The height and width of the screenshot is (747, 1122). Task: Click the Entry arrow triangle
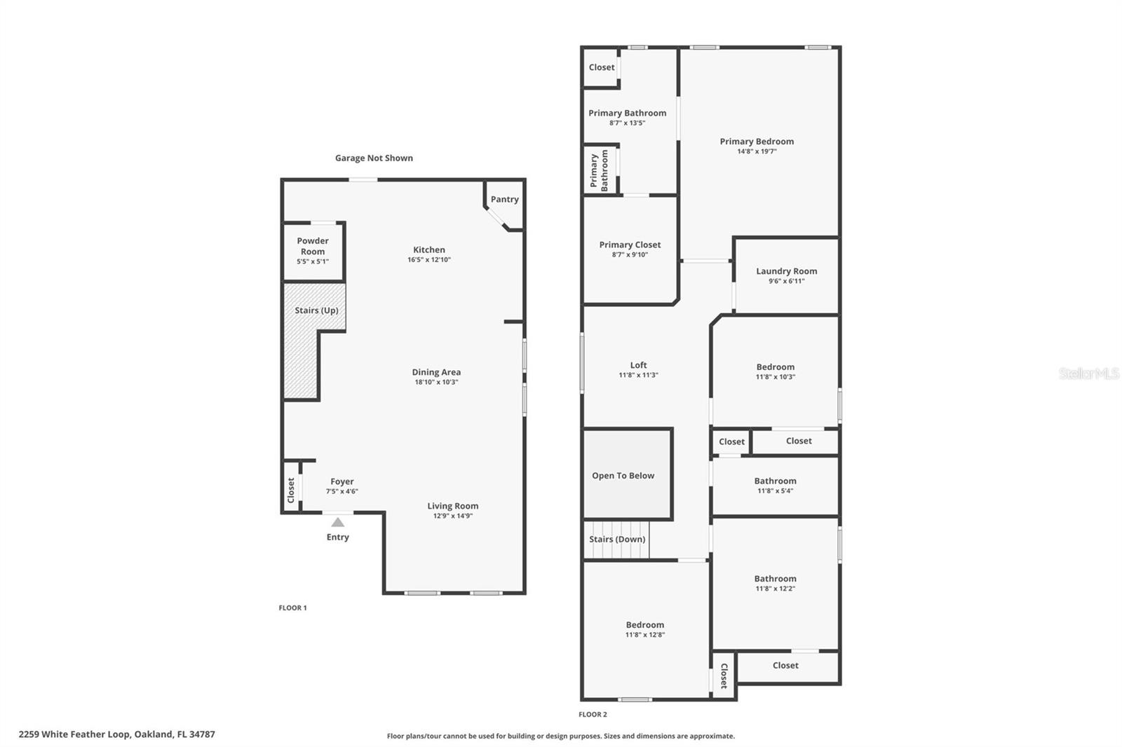tap(338, 522)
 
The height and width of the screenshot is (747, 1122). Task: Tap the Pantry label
tap(504, 199)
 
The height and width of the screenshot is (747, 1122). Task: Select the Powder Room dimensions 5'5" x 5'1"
tap(312, 261)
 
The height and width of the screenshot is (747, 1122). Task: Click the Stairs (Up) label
tap(316, 310)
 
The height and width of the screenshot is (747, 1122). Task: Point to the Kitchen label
tap(428, 249)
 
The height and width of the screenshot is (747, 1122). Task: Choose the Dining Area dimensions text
tap(435, 382)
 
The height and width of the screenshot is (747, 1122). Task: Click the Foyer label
tap(342, 481)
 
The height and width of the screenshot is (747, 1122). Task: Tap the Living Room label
tap(452, 506)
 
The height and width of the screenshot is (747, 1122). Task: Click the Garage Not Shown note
tap(374, 158)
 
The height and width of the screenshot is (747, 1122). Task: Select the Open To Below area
tap(623, 475)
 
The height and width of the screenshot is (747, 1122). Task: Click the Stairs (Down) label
tap(616, 539)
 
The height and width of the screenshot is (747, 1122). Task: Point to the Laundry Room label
tap(786, 271)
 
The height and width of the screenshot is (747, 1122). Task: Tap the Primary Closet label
tap(630, 245)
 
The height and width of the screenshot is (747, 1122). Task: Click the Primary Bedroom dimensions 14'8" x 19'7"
tap(757, 151)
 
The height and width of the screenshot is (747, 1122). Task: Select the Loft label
tap(638, 365)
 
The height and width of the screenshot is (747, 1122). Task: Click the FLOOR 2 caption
tap(593, 714)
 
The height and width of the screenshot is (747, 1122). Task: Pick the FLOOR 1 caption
tap(292, 608)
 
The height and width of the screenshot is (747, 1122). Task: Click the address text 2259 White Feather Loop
tap(116, 734)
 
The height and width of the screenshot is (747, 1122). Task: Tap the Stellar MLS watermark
tap(1088, 373)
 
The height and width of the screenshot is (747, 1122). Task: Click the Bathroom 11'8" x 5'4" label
tap(775, 481)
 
